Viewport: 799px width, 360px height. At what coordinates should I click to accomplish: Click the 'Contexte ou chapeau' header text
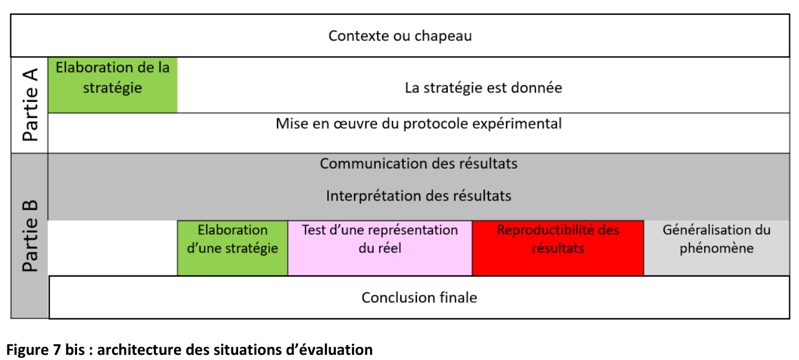400,35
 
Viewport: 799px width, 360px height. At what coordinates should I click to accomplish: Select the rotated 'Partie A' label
30,105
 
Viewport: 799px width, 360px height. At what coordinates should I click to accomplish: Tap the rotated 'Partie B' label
30,236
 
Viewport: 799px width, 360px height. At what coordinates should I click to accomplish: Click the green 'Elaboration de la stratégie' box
113,85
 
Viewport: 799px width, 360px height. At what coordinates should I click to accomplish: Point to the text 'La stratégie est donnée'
483,88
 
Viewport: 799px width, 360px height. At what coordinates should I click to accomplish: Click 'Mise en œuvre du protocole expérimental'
419,124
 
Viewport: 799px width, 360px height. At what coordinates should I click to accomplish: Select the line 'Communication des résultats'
419,163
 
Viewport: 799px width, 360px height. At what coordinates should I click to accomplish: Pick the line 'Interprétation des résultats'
419,196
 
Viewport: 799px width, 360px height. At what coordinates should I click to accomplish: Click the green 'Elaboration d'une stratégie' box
232,248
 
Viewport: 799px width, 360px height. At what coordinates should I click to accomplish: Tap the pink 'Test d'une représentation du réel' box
380,248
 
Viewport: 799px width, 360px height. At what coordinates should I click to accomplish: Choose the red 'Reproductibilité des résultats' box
558,248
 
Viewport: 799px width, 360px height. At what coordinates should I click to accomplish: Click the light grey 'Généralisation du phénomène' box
717,248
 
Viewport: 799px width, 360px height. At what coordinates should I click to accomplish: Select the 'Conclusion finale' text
419,298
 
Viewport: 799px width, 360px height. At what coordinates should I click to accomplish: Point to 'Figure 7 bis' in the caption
45,350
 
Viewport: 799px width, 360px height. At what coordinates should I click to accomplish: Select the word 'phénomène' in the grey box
717,249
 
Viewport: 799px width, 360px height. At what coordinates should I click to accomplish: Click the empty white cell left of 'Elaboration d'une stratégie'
113,248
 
